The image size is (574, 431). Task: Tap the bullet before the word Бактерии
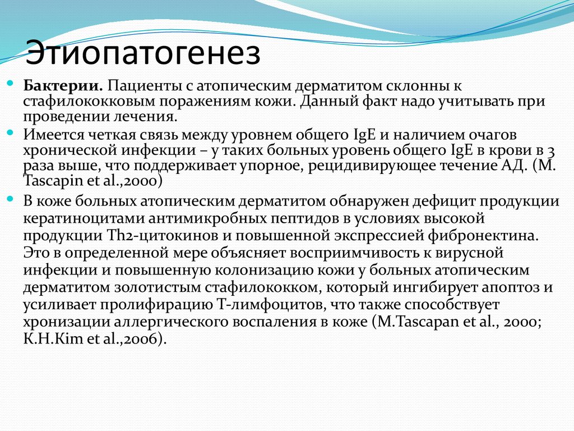10,83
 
